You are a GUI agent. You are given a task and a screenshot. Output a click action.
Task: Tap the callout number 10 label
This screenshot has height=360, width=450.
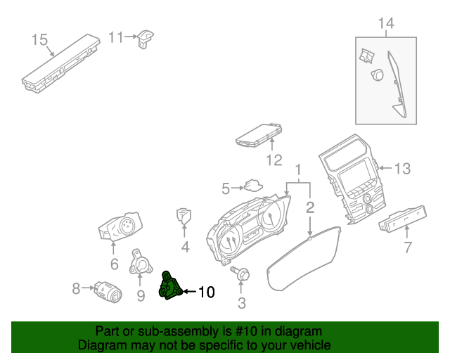point(205,291)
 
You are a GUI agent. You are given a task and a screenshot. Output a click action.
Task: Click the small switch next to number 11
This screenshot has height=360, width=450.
point(146,38)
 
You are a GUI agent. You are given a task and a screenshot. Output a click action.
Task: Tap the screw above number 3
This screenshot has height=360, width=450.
point(240,274)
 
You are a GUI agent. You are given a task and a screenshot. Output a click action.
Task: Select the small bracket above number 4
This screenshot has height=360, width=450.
point(184,216)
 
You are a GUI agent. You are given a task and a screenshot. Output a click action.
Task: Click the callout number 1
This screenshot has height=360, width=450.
point(298,170)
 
